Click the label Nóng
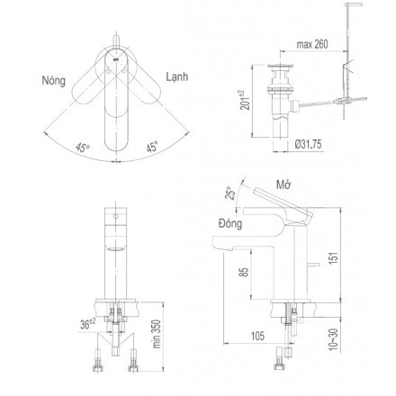coord(54,81)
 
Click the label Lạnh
coord(177,76)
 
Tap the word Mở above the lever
coord(283,184)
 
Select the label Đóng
coord(230,223)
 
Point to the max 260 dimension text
coord(312,44)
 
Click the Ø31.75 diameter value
coord(308,144)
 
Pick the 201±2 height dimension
coord(246,100)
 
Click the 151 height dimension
coord(334,257)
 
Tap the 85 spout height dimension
coord(245,272)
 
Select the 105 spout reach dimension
coord(257,336)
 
